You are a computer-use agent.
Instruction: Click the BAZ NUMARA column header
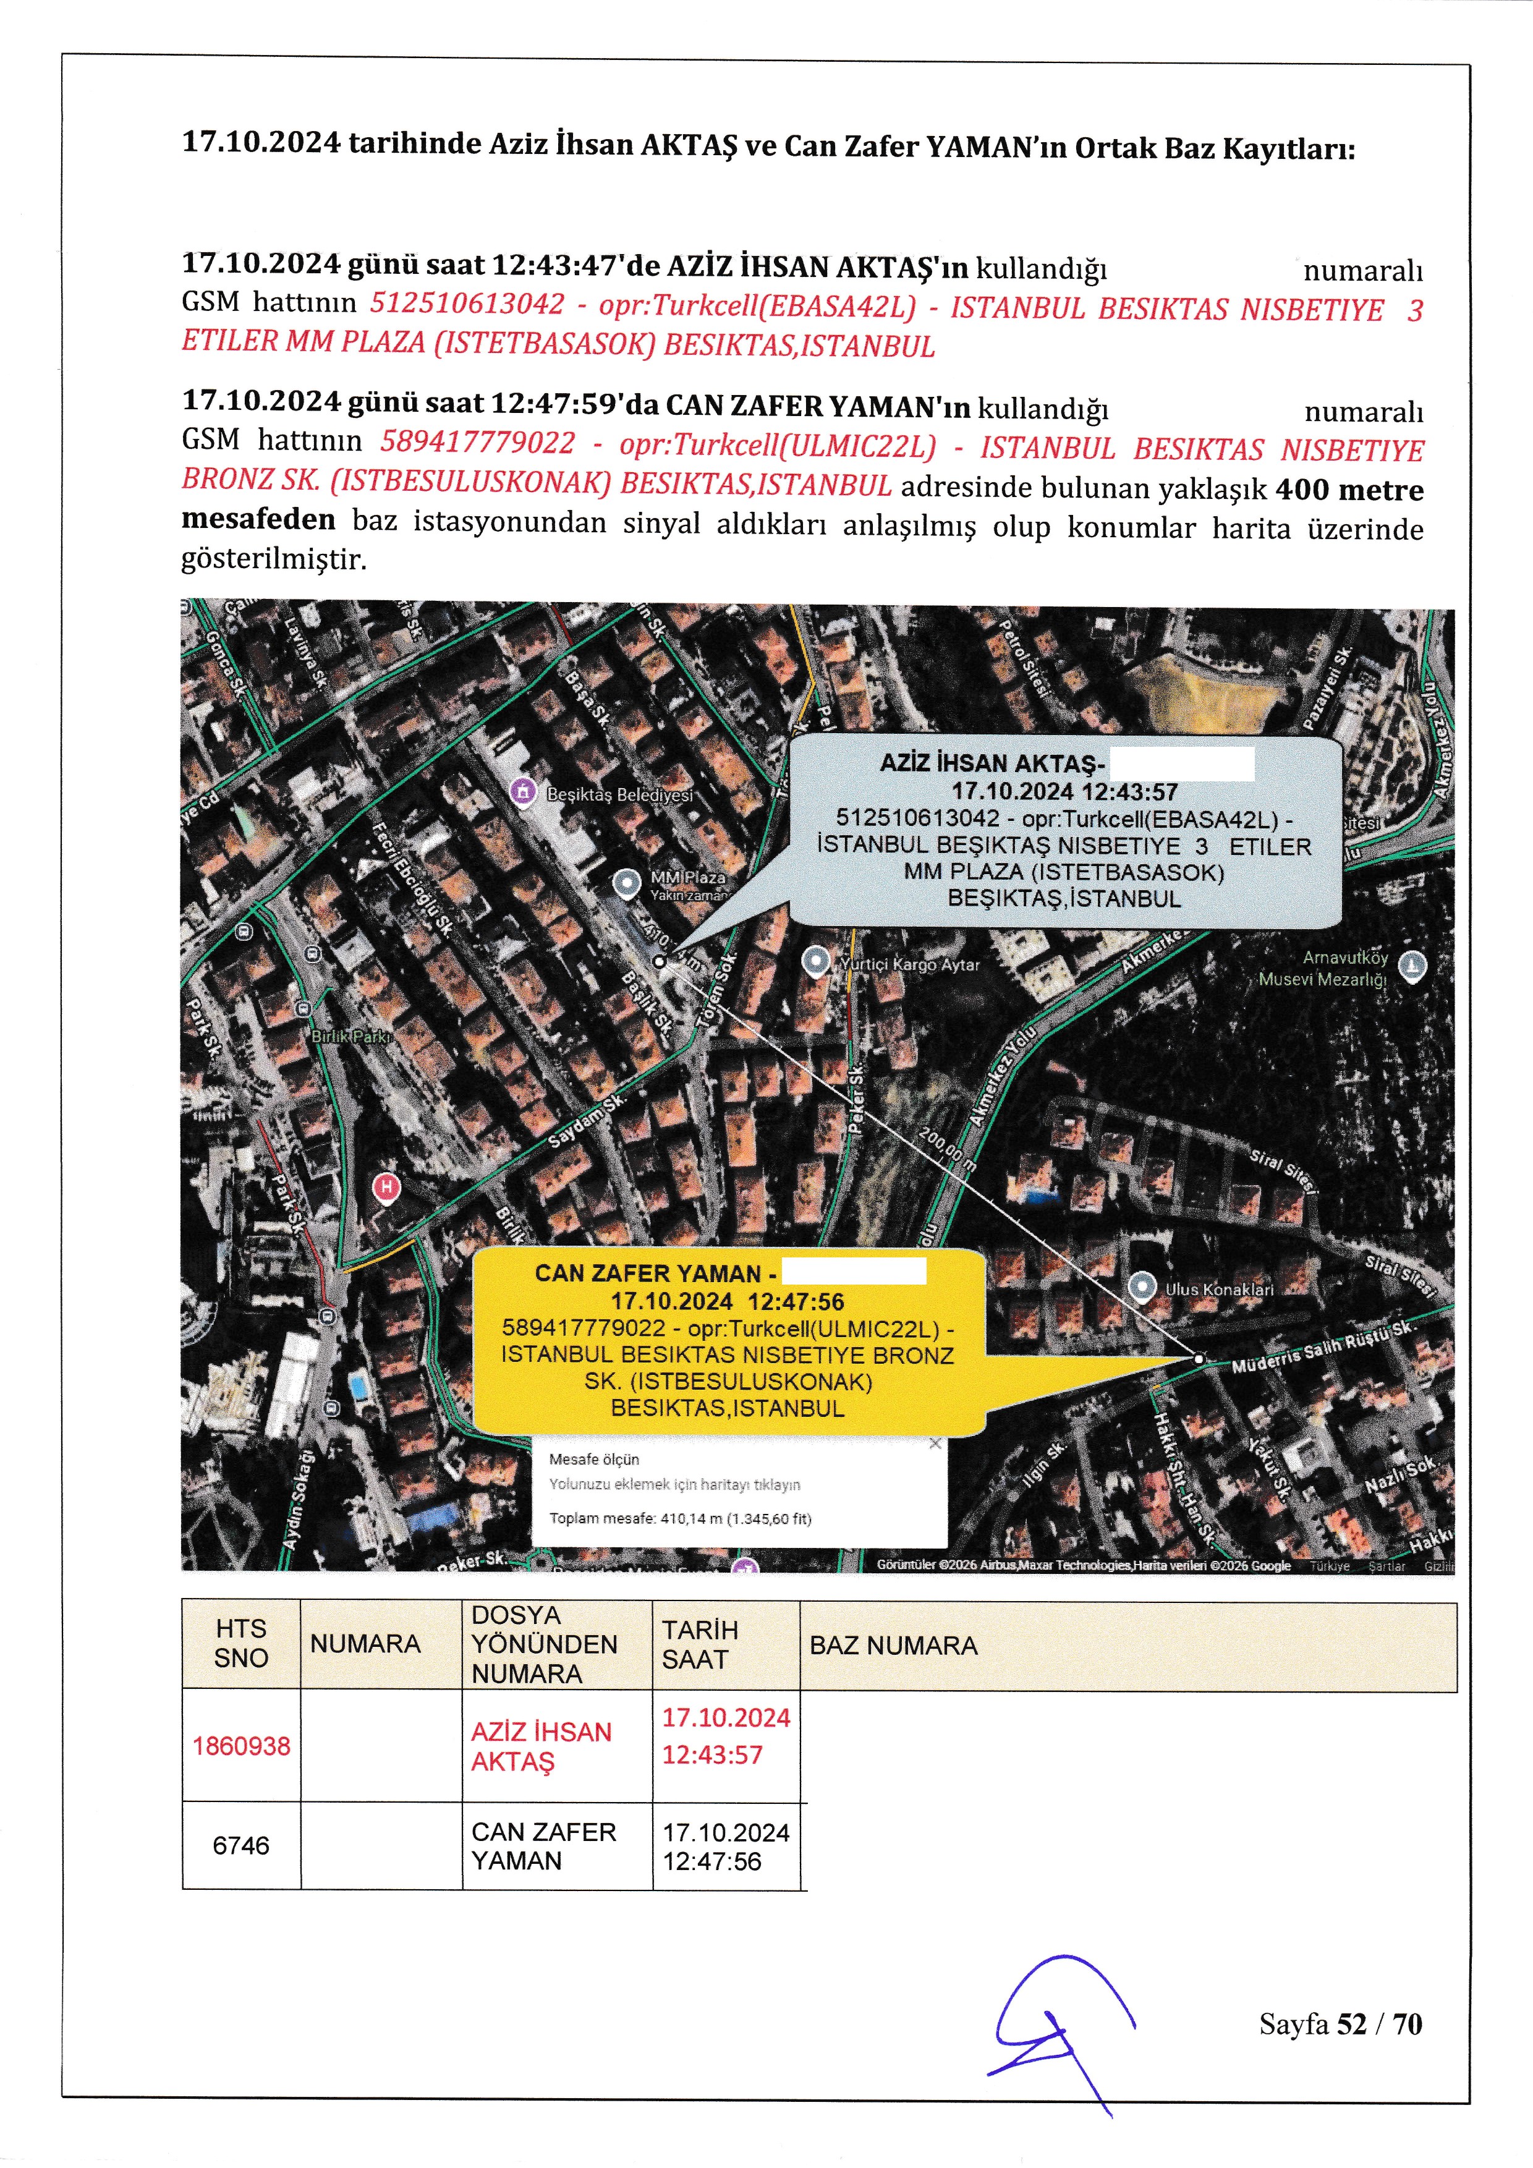pyautogui.click(x=893, y=1646)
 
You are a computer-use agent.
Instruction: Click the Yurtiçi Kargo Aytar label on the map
pyautogui.click(x=909, y=965)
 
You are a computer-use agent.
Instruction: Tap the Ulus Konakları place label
pyautogui.click(x=1218, y=1289)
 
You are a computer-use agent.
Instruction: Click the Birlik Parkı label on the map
pyautogui.click(x=351, y=1037)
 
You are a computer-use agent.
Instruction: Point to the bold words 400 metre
pyautogui.click(x=1349, y=490)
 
